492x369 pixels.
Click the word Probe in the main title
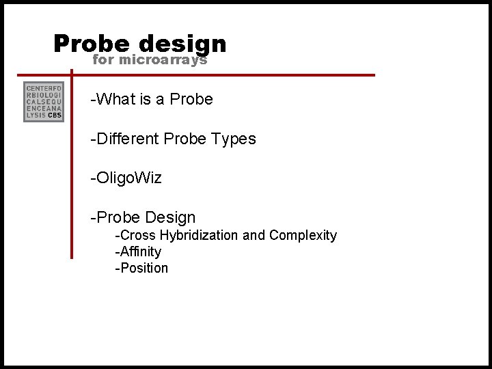(x=91, y=44)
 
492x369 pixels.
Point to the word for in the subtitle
(x=103, y=60)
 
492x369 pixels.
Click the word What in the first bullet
(x=116, y=99)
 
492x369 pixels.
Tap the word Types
(x=233, y=139)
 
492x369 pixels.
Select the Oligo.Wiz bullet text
(x=126, y=178)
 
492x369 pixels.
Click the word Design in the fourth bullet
(x=170, y=218)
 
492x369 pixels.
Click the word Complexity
(x=303, y=235)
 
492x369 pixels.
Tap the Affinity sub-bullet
(x=139, y=251)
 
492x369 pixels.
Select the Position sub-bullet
(x=141, y=268)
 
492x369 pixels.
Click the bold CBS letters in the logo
(x=55, y=115)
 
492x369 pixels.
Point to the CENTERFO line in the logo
(x=44, y=88)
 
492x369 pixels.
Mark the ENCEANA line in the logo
(x=44, y=109)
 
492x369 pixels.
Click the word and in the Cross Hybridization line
(x=254, y=235)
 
